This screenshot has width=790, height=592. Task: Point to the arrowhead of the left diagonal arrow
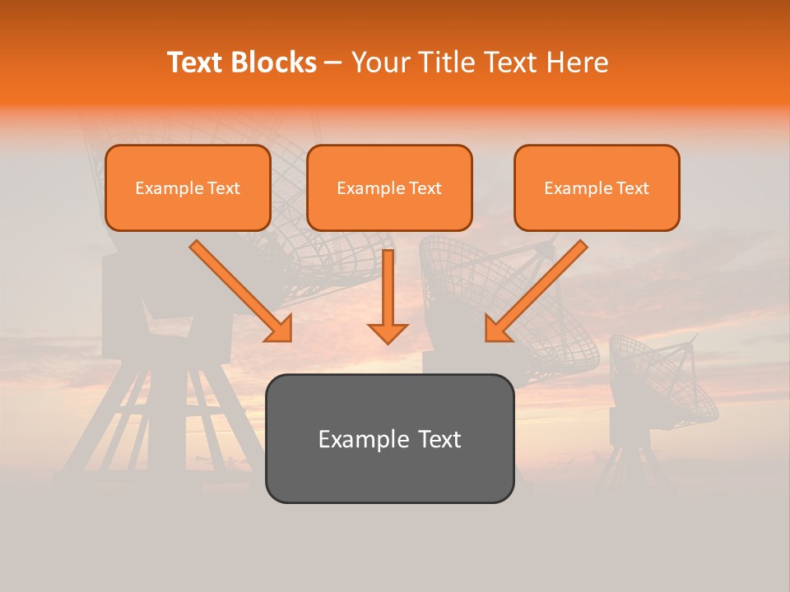(x=279, y=329)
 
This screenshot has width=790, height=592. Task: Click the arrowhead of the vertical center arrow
(x=388, y=333)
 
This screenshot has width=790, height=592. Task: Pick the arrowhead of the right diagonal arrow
(x=497, y=329)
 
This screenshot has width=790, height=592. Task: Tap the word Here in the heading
(x=579, y=62)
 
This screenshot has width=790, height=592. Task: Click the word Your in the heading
(x=381, y=62)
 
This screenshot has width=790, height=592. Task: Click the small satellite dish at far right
(x=662, y=382)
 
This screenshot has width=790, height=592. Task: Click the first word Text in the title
(x=197, y=62)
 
